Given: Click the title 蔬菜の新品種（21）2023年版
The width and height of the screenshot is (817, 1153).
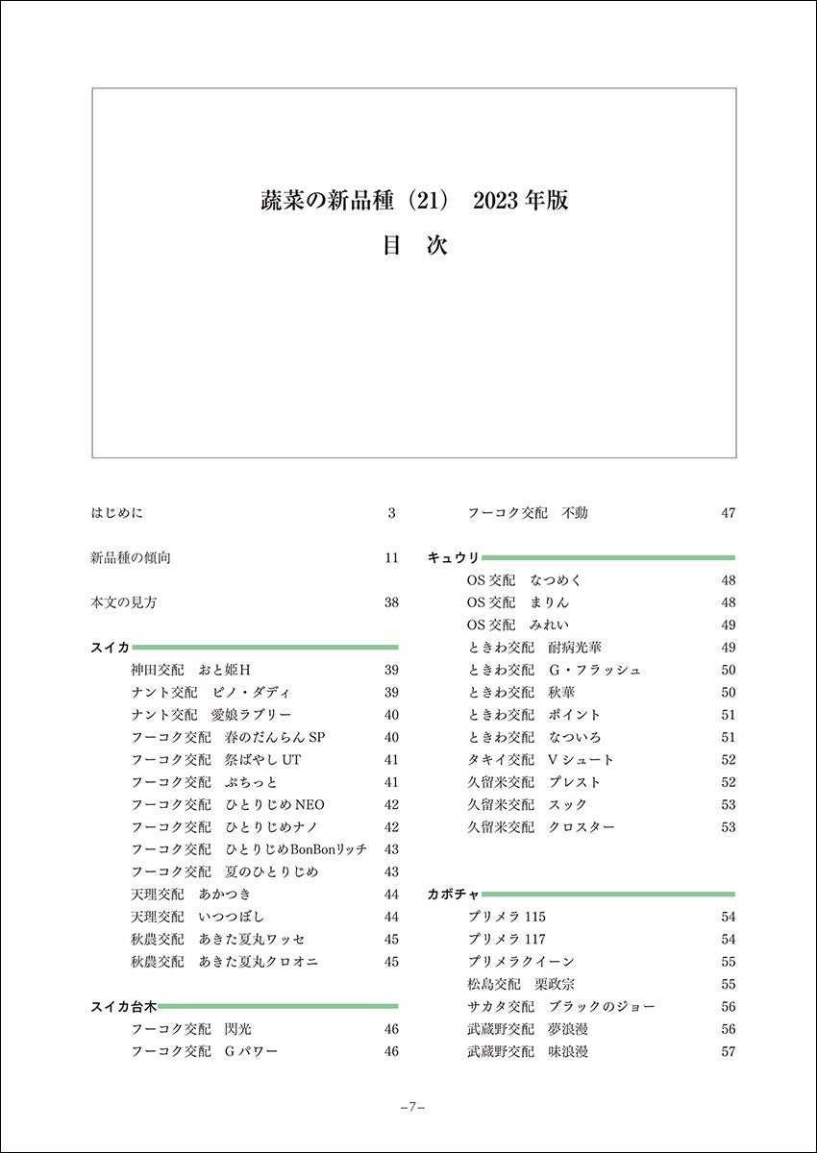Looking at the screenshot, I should pyautogui.click(x=414, y=201).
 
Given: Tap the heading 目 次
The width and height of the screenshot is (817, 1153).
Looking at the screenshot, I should pyautogui.click(x=414, y=245).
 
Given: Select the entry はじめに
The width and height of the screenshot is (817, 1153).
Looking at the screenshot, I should pyautogui.click(x=116, y=513).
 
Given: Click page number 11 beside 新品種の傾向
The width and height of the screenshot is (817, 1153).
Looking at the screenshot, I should pyautogui.click(x=391, y=558).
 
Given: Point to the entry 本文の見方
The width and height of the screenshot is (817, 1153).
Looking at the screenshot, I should pyautogui.click(x=123, y=603).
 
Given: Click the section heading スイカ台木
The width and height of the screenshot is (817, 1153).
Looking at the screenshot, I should pyautogui.click(x=123, y=1007).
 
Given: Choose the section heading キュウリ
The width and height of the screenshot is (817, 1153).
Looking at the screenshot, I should pyautogui.click(x=453, y=558).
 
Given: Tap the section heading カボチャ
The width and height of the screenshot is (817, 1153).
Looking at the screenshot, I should pyautogui.click(x=453, y=895).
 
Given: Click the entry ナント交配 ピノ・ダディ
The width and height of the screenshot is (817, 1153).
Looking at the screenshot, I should pyautogui.click(x=210, y=693).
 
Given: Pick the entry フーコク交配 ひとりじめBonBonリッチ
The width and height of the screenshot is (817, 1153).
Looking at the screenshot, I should pyautogui.click(x=249, y=849).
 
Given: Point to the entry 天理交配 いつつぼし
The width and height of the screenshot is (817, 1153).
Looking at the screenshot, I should pyautogui.click(x=197, y=917).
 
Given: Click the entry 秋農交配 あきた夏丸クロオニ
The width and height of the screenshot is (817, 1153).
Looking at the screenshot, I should pyautogui.click(x=224, y=962).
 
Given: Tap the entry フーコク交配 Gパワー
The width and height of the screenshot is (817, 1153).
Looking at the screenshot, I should pyautogui.click(x=204, y=1052).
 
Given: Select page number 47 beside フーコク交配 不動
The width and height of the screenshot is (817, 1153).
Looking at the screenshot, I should pyautogui.click(x=728, y=513).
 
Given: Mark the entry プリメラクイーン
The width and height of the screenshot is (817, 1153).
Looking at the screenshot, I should pyautogui.click(x=520, y=962).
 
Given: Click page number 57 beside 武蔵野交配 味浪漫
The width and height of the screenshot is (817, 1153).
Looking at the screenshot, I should pyautogui.click(x=728, y=1052).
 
